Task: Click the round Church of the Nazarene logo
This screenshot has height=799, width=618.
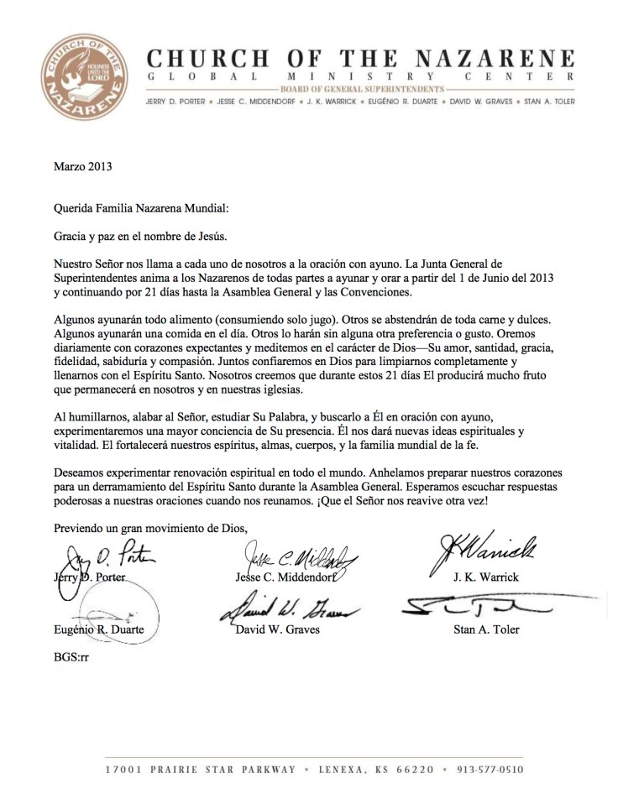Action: (x=84, y=76)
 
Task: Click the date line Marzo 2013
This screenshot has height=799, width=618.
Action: (x=83, y=166)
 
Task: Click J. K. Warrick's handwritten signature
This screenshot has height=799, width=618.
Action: (x=484, y=551)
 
